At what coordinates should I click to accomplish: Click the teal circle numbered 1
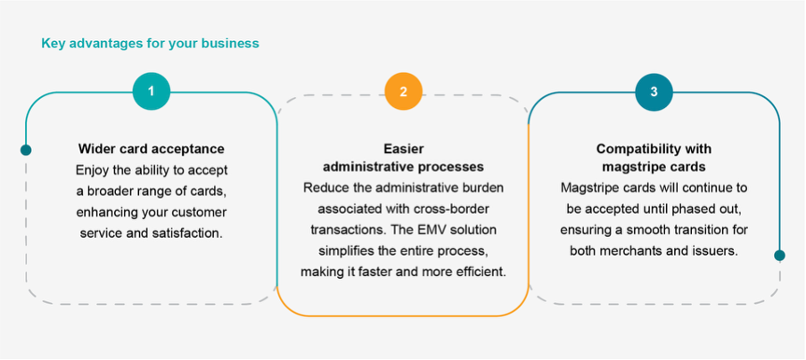pyautogui.click(x=152, y=92)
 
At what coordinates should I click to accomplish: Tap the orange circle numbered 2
pyautogui.click(x=403, y=92)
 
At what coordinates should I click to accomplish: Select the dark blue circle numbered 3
pyautogui.click(x=654, y=92)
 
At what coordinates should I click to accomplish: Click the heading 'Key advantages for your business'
pyautogui.click(x=150, y=42)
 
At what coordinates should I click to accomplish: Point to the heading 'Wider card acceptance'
pyautogui.click(x=152, y=149)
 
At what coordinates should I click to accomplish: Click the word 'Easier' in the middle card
pyautogui.click(x=403, y=149)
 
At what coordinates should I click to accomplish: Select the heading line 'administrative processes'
pyautogui.click(x=403, y=167)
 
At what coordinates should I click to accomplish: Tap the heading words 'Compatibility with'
pyautogui.click(x=654, y=149)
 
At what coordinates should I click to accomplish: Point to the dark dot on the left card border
pyautogui.click(x=26, y=150)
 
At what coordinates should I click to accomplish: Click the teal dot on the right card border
pyautogui.click(x=780, y=256)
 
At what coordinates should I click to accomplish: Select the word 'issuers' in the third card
pyautogui.click(x=713, y=250)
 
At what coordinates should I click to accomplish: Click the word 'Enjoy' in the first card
pyautogui.click(x=92, y=169)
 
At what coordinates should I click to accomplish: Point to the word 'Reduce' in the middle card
pyautogui.click(x=323, y=188)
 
